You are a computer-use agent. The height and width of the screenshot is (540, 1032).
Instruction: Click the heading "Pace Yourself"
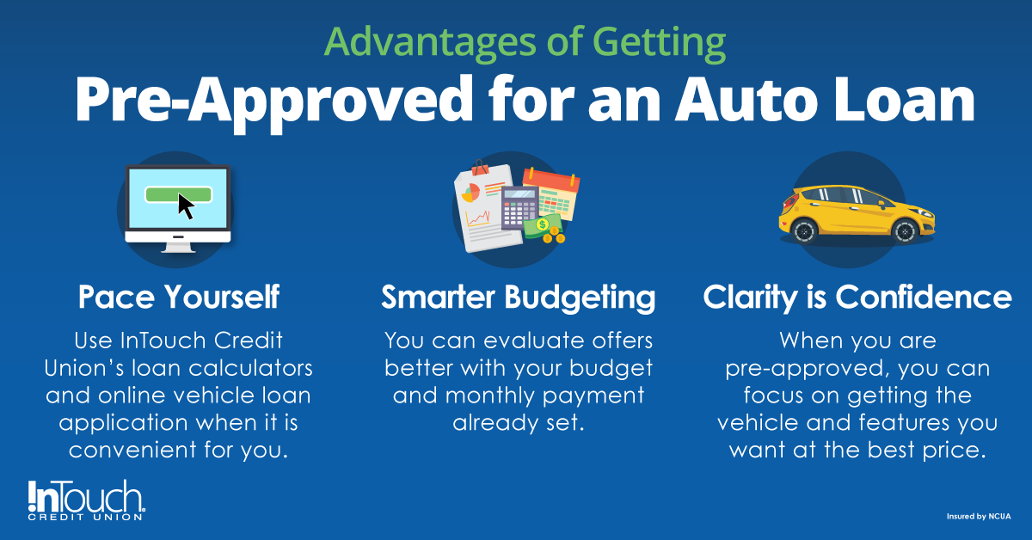(178, 298)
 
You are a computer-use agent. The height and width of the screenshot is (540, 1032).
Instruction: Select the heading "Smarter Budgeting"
(518, 298)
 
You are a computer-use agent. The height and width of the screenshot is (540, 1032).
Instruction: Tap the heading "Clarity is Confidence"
(857, 298)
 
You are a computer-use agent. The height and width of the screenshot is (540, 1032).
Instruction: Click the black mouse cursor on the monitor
(186, 206)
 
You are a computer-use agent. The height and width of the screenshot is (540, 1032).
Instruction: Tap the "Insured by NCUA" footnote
(978, 517)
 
